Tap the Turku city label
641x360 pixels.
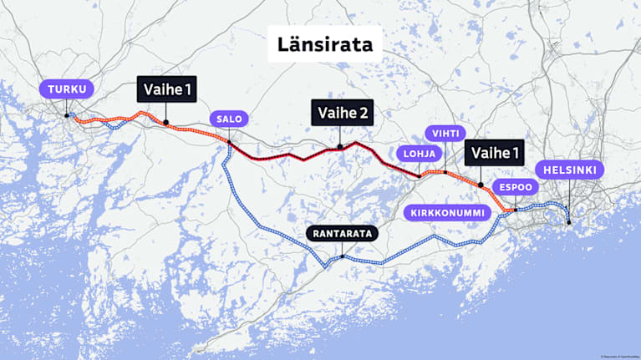pyautogui.click(x=67, y=89)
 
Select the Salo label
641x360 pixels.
pyautogui.click(x=229, y=119)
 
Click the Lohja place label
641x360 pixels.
pyautogui.click(x=417, y=153)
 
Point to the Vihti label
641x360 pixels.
pyautogui.click(x=445, y=134)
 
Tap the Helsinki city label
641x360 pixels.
pyautogui.click(x=570, y=170)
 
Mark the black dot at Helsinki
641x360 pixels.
pyautogui.click(x=568, y=221)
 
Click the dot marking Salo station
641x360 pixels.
pyautogui.click(x=229, y=142)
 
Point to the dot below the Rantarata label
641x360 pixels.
pyautogui.click(x=342, y=256)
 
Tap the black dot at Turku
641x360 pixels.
pyautogui.click(x=67, y=115)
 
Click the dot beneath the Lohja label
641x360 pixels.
pyautogui.click(x=418, y=175)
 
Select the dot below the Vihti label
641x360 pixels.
pyautogui.click(x=445, y=172)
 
